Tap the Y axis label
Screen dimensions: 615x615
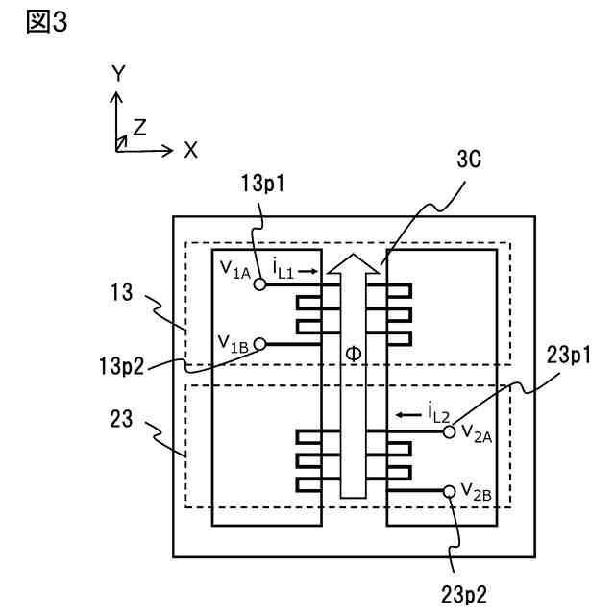tap(117, 74)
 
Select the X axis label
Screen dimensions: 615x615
tap(190, 150)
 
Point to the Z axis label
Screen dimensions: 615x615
tap(140, 127)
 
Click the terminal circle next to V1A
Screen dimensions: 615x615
tap(259, 284)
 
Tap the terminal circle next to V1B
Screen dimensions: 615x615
tap(259, 343)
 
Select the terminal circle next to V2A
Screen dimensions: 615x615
tap(449, 432)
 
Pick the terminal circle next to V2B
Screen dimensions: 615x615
tap(449, 491)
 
